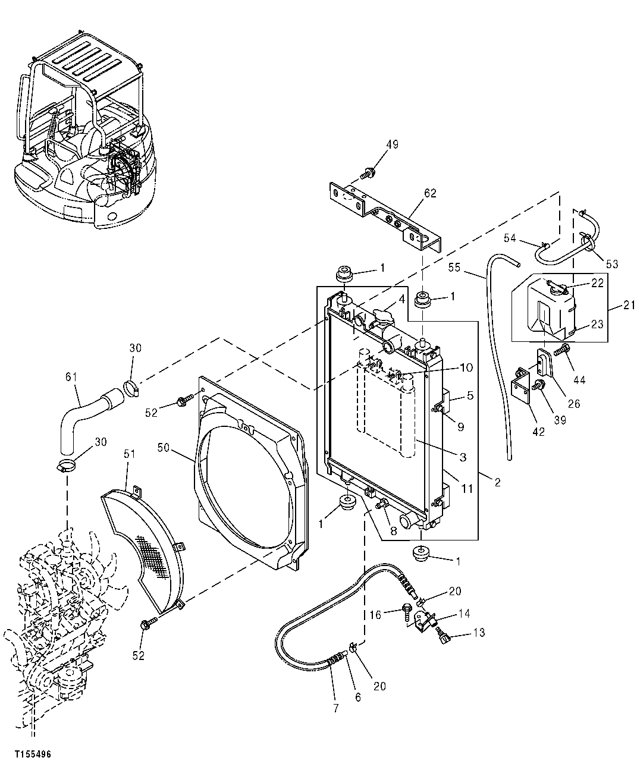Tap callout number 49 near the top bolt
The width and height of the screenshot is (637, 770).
tap(392, 144)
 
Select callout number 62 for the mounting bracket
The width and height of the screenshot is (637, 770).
tap(430, 193)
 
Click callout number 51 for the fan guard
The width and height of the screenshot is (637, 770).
tap(130, 454)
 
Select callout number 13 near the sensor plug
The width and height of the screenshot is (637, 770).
tap(478, 633)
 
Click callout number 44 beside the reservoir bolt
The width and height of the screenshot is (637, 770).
tap(579, 380)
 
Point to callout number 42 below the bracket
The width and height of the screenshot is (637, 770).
tap(538, 432)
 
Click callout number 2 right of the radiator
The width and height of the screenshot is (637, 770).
tap(497, 483)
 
